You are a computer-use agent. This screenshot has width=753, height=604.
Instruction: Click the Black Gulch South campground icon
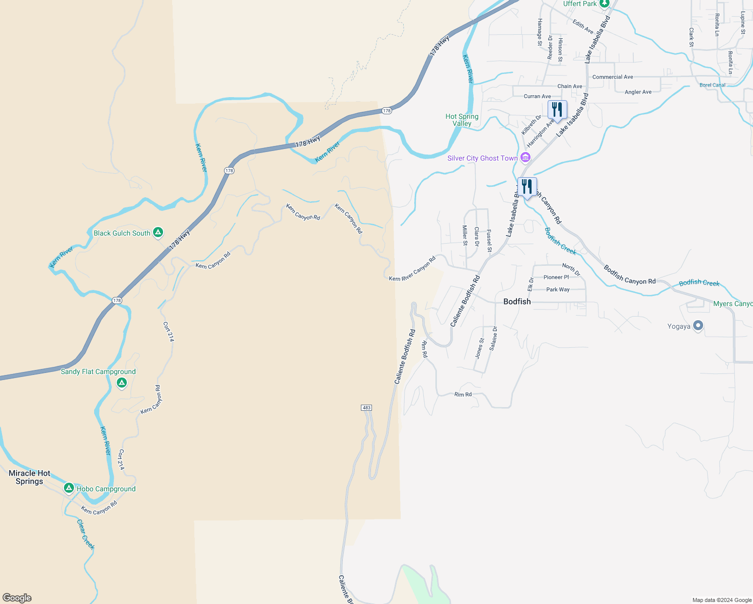(158, 233)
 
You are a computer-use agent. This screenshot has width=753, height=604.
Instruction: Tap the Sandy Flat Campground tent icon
(121, 384)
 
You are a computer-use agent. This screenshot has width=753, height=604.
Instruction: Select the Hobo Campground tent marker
(69, 488)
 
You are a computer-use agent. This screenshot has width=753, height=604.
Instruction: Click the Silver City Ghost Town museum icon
(525, 158)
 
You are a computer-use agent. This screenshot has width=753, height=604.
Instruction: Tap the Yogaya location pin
(698, 326)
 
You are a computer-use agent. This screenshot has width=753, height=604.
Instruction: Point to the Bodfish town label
(517, 301)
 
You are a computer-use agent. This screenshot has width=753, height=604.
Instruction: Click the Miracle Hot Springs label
(30, 477)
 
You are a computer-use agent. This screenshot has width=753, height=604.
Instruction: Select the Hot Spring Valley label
(462, 120)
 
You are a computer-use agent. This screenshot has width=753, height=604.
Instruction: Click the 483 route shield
(366, 407)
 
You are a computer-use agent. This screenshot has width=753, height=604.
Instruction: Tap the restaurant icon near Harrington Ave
(557, 110)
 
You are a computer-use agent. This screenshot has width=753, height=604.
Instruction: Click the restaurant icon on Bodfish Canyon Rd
(527, 187)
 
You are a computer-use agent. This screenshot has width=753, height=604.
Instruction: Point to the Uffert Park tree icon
(605, 4)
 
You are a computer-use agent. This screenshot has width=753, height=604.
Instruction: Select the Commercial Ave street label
(613, 77)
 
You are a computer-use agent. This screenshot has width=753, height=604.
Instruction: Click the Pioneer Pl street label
(556, 277)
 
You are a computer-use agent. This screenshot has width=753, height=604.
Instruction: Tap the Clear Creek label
(86, 535)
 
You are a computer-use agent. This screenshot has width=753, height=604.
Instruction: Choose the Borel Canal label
(712, 85)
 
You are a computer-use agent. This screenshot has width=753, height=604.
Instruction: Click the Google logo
(17, 598)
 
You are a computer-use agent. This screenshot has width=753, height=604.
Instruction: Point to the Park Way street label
(558, 289)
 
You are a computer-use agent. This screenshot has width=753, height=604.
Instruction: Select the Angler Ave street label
(638, 92)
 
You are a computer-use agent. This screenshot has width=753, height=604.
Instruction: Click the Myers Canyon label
(733, 304)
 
